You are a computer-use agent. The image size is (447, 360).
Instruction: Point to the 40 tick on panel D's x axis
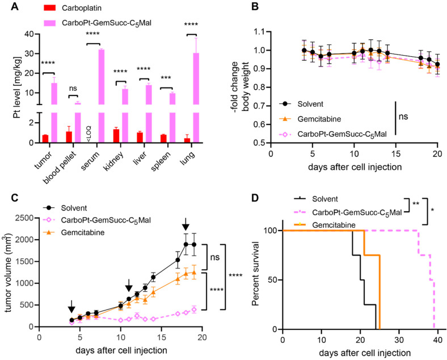[437, 339]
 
